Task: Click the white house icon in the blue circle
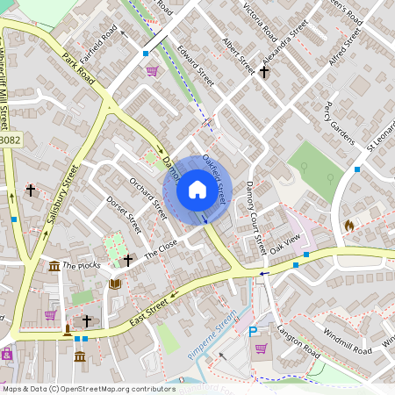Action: click(x=197, y=190)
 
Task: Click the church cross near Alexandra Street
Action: click(x=264, y=71)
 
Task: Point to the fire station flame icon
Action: click(x=349, y=226)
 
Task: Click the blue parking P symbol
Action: click(x=254, y=332)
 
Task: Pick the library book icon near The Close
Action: click(x=114, y=284)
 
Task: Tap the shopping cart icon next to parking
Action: click(x=262, y=348)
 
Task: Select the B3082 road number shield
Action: click(x=10, y=140)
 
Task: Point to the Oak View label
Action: click(x=285, y=243)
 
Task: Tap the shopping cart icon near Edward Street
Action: click(x=152, y=71)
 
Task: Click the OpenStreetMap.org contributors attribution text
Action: click(x=118, y=388)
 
